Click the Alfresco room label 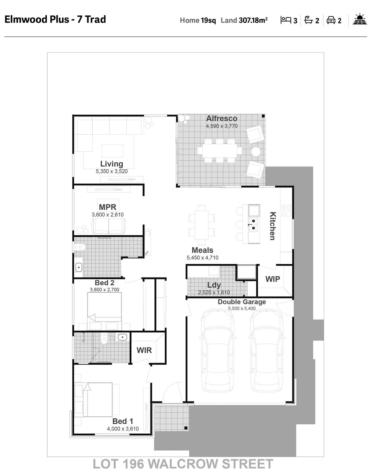point(222,118)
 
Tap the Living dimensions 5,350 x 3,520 point(112,171)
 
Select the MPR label point(107,207)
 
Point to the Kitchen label point(273,226)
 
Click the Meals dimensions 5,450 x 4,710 point(202,258)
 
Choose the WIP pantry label point(272,279)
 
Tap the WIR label point(144,350)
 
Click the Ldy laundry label point(214,285)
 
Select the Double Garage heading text point(242,302)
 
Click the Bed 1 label point(123,421)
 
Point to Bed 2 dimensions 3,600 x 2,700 point(105,290)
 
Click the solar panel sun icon point(360,19)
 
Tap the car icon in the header point(331,20)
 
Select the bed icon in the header point(286,20)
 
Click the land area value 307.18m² point(253,20)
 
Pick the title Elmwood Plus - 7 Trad point(55,19)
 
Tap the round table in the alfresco point(255,152)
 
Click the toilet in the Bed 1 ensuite point(104,339)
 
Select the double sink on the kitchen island point(253,224)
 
